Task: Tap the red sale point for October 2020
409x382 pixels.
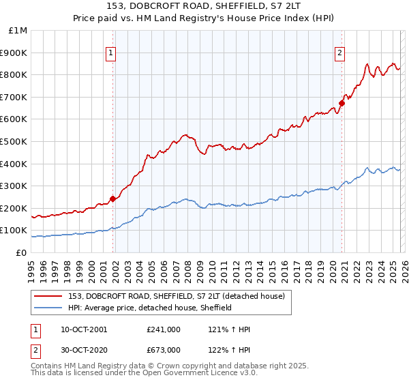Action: click(x=342, y=104)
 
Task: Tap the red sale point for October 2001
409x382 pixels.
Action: click(x=113, y=199)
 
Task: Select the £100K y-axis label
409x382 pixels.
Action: click(x=16, y=231)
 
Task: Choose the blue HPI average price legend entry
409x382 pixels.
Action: click(x=150, y=308)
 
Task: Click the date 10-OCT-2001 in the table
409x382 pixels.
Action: click(x=84, y=329)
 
